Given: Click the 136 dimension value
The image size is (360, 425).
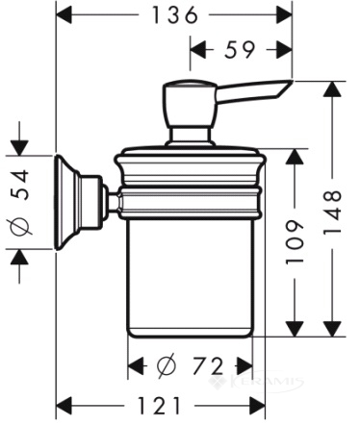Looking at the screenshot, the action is coord(175,14).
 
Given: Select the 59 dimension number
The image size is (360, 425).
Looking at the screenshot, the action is coord(240,49).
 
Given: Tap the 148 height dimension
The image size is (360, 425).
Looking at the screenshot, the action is coord(332,212).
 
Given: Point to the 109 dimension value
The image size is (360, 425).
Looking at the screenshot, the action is coord(295,241).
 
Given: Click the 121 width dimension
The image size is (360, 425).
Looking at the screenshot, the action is coord(159,405).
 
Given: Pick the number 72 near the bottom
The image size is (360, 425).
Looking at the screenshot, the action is coord(207,366).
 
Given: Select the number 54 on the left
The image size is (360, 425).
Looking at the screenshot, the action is coord(20,185).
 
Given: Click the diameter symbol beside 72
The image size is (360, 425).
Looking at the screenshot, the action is coord(167,365).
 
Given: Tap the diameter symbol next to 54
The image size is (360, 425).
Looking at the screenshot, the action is coord(20,222).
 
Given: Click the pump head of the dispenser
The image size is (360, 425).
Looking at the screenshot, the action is coord(189,104).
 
